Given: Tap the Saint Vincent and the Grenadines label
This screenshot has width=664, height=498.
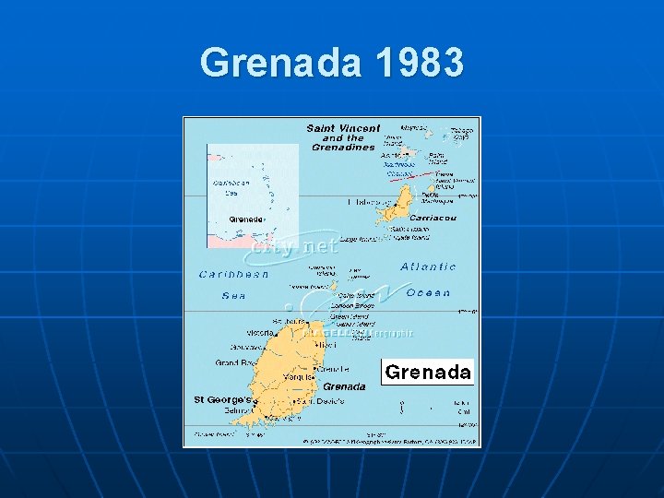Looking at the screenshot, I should click(x=343, y=137).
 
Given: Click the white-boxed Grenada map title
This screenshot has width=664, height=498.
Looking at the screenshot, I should click(x=427, y=373).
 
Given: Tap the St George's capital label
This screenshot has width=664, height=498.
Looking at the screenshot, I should click(x=222, y=400).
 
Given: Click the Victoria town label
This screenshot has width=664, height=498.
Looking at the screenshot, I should click(x=259, y=332).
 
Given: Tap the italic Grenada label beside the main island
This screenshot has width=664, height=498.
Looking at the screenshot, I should click(x=344, y=386).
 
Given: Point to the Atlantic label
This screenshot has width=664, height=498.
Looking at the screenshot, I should click(x=428, y=267).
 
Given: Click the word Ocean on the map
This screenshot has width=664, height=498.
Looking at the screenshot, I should click(x=428, y=292).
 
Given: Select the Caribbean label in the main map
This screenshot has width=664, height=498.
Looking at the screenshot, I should click(x=234, y=274).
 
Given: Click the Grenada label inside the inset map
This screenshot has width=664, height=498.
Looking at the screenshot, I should click(x=246, y=219).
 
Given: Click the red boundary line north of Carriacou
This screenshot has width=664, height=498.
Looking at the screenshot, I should click(x=411, y=174).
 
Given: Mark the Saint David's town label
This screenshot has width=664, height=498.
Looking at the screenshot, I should click(x=321, y=401).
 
